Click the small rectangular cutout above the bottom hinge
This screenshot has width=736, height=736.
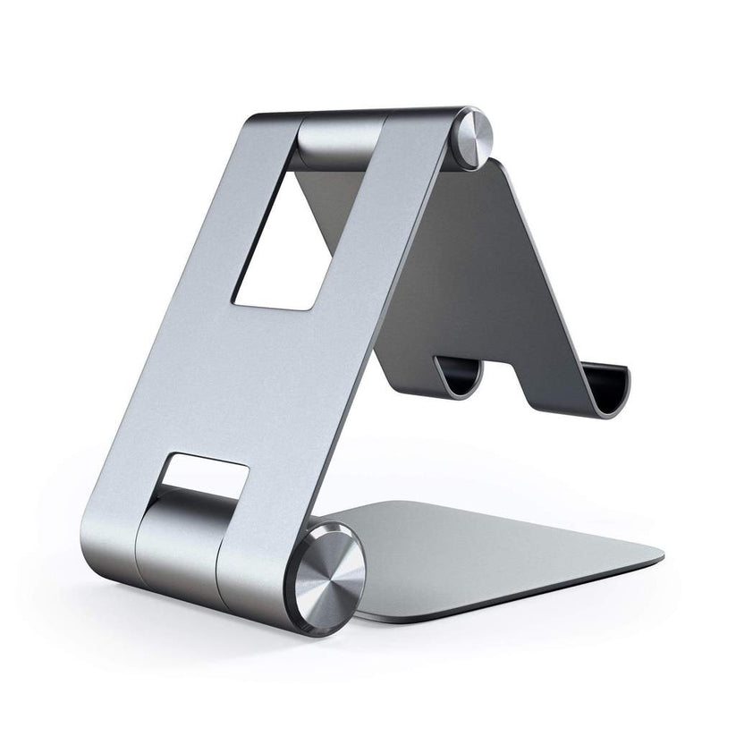[206, 475]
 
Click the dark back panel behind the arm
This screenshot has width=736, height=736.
[501, 259]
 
